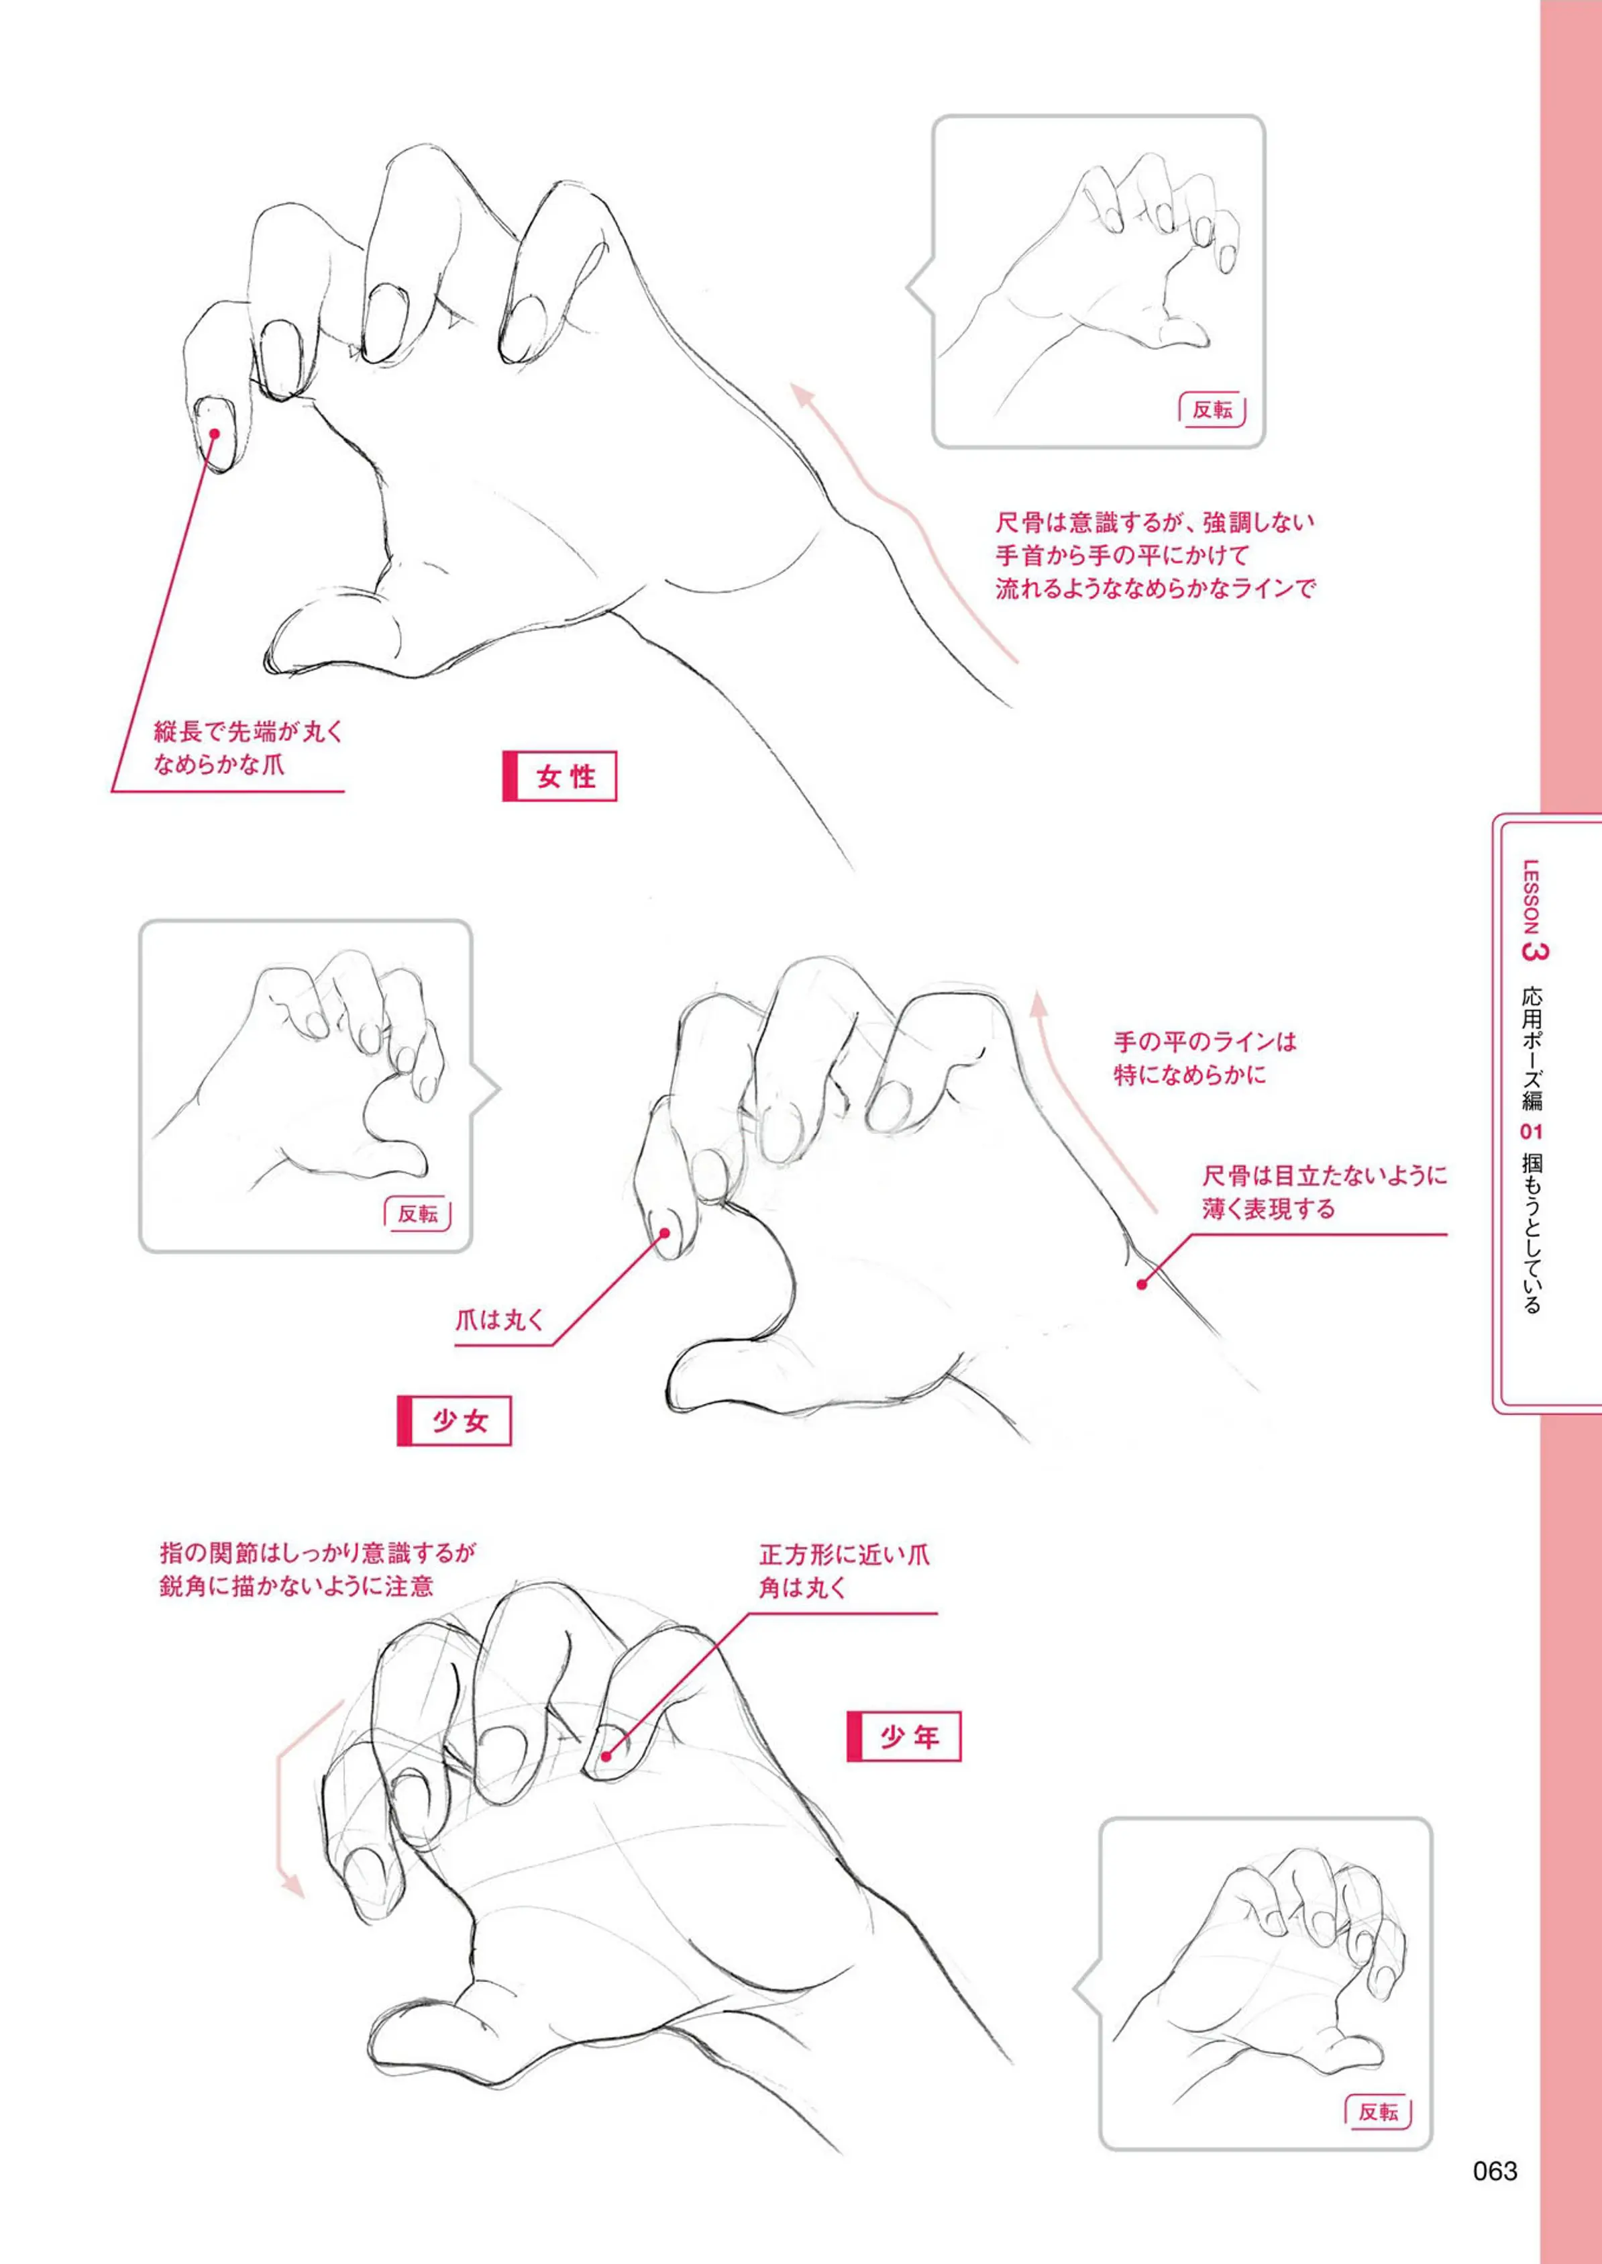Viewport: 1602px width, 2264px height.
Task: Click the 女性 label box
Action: (559, 776)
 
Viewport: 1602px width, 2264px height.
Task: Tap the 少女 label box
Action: (453, 1420)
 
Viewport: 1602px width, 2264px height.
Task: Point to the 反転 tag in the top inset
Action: (1212, 409)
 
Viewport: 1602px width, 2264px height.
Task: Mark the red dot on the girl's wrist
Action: (1141, 1284)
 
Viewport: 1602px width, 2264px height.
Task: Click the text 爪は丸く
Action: (499, 1320)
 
